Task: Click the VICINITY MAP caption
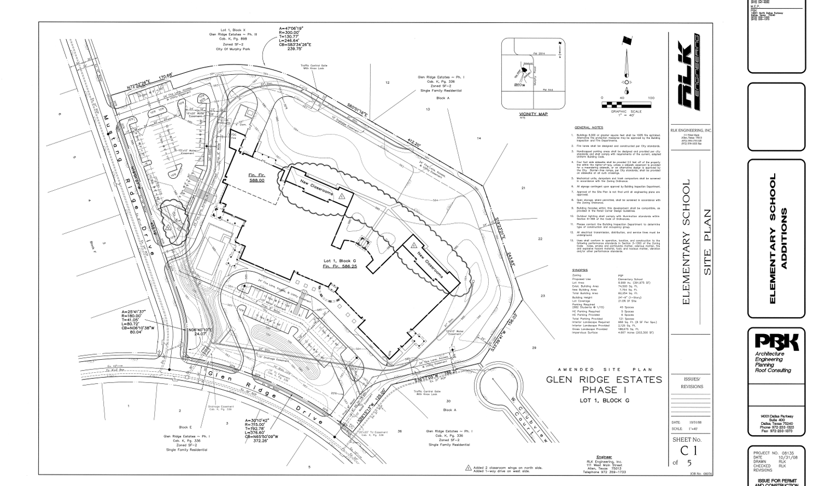(533, 114)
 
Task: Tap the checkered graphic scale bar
(626, 104)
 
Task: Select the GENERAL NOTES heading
(588, 127)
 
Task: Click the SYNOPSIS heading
(580, 270)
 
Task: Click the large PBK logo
(776, 343)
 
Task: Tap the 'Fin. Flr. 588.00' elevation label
(257, 178)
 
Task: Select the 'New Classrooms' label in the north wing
(317, 190)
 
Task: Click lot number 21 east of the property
(523, 188)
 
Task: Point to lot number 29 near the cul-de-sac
(534, 348)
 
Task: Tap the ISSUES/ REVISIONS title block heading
(692, 383)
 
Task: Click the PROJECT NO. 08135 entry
(773, 453)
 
